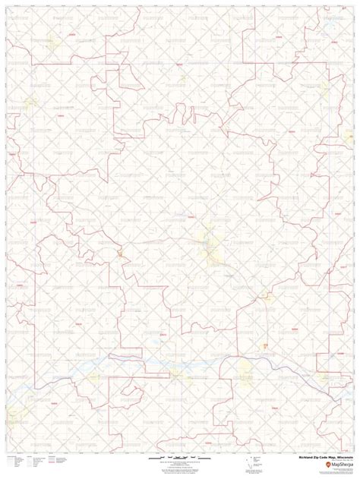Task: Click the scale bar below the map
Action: point(179,459)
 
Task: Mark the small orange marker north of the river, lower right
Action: point(264,346)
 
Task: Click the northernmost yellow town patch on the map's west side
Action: point(31,102)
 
